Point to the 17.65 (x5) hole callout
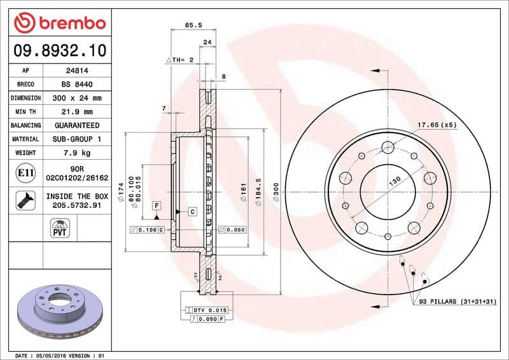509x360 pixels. click(x=437, y=125)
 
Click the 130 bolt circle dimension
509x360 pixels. click(x=395, y=182)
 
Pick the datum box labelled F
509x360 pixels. click(x=155, y=205)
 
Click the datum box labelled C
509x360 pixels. click(x=192, y=211)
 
